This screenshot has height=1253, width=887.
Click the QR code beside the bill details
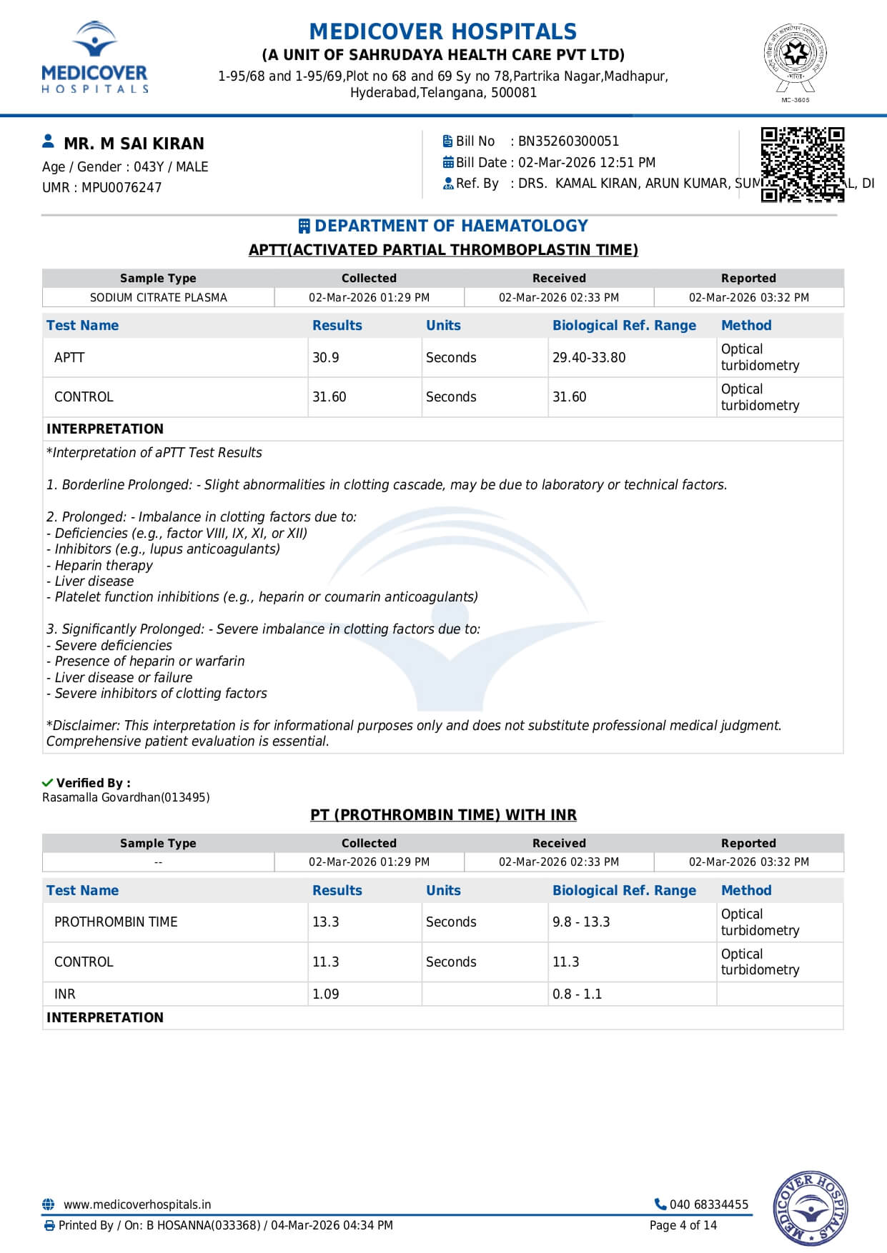(x=802, y=164)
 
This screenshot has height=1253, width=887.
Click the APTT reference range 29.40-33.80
(x=589, y=357)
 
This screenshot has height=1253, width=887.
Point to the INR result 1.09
(x=326, y=994)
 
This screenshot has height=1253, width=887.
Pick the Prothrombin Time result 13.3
(x=326, y=922)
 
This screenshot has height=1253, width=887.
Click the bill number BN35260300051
(x=568, y=141)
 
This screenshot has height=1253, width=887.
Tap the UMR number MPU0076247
(x=122, y=187)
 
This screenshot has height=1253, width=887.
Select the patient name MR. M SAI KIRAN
(x=134, y=144)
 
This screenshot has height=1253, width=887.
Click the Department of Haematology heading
(x=450, y=226)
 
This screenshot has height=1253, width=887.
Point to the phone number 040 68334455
(x=708, y=1204)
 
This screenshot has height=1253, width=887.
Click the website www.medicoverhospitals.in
(x=137, y=1204)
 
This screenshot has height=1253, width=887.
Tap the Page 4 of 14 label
(x=683, y=1225)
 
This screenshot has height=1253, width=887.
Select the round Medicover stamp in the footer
(x=810, y=1209)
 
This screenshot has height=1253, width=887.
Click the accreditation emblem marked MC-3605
(x=795, y=60)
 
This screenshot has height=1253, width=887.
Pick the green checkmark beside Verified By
(x=48, y=783)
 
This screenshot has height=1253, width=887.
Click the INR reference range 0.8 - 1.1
(x=577, y=994)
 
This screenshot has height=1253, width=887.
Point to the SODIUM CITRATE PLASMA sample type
(x=158, y=297)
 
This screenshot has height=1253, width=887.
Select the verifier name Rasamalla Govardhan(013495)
(x=126, y=797)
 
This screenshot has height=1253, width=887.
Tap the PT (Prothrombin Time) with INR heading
(x=443, y=815)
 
